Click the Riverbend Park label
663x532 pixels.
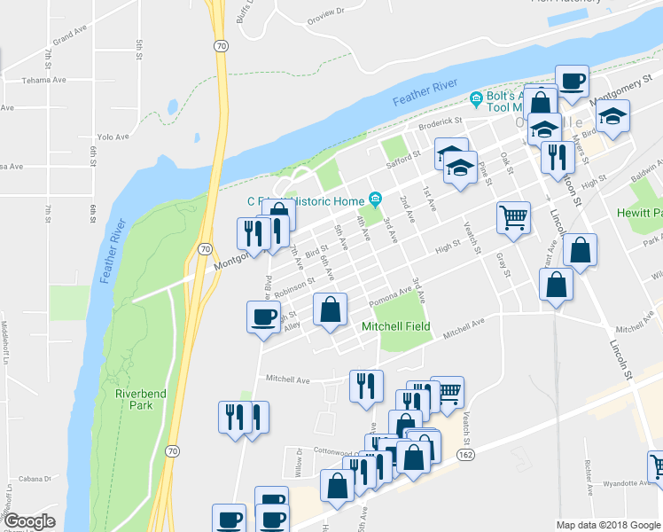(x=133, y=399)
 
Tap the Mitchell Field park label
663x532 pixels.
(x=395, y=326)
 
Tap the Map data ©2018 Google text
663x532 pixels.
(x=607, y=525)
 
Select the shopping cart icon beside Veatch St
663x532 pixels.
(x=513, y=216)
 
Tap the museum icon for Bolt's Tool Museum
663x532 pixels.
(x=476, y=97)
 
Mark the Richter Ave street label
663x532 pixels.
(x=588, y=476)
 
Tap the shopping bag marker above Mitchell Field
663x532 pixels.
(x=330, y=311)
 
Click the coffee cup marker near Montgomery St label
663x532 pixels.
(x=572, y=82)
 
